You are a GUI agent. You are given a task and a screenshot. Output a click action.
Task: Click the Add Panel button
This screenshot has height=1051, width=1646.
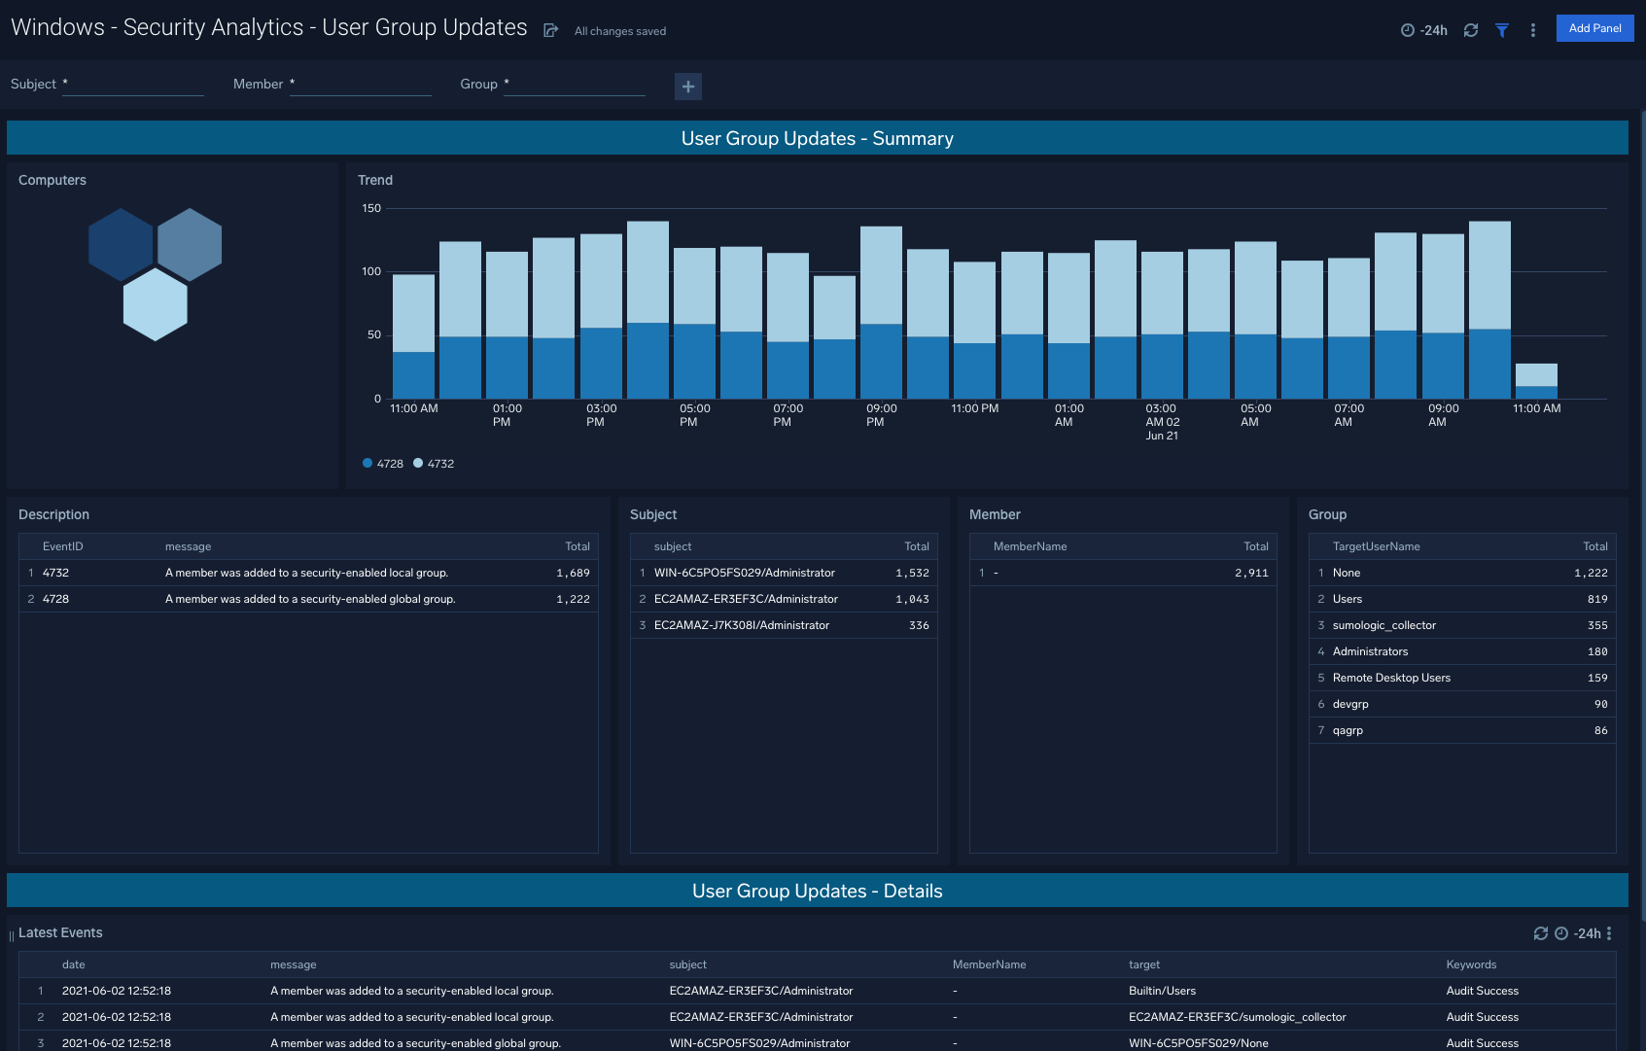click(x=1594, y=28)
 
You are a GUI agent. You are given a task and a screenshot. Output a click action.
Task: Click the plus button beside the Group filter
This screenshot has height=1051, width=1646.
click(x=688, y=87)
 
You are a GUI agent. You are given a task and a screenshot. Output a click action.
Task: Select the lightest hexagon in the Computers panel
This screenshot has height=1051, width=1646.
click(x=156, y=304)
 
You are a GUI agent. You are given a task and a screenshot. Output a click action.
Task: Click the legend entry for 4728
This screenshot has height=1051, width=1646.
click(x=383, y=464)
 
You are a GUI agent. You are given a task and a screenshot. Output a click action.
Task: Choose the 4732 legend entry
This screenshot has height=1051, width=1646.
click(x=434, y=464)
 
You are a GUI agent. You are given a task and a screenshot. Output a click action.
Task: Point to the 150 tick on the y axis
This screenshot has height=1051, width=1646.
click(x=371, y=208)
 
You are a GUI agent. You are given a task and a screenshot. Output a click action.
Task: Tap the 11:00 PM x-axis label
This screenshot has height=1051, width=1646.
click(x=974, y=408)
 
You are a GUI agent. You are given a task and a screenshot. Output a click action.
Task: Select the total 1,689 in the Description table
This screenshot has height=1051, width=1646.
click(x=573, y=573)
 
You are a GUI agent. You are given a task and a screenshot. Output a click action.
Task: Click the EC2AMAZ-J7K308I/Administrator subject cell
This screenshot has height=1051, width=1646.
click(x=741, y=625)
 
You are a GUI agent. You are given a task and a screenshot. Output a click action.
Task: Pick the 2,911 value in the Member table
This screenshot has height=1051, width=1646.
click(x=1251, y=573)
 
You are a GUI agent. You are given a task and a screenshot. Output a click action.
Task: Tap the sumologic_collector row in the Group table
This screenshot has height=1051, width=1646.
click(x=1383, y=625)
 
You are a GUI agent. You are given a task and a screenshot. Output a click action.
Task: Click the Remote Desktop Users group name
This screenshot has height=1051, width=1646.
click(x=1391, y=678)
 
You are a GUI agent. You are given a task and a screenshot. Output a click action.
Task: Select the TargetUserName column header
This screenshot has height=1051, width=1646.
click(x=1376, y=546)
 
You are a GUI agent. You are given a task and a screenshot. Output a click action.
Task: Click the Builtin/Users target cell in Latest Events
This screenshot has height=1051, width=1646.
click(x=1162, y=991)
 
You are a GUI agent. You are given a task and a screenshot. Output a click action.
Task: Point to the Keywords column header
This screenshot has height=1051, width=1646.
click(x=1471, y=964)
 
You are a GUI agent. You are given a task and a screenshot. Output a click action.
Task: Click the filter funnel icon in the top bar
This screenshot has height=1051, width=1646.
click(x=1502, y=30)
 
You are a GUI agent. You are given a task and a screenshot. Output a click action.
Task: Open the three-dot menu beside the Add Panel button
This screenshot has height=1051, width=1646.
click(x=1533, y=30)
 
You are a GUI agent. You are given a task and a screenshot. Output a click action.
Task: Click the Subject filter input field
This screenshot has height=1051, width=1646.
click(x=133, y=85)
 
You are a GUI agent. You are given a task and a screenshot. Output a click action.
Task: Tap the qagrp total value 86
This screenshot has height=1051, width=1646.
click(x=1600, y=730)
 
